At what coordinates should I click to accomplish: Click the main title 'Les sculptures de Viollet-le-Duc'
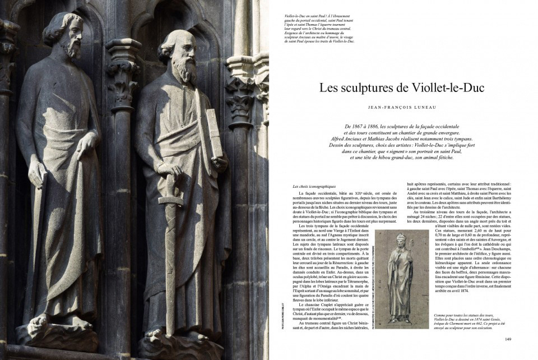click(402, 89)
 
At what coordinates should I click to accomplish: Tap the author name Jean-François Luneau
click(402, 106)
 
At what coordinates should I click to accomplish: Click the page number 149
click(508, 339)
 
